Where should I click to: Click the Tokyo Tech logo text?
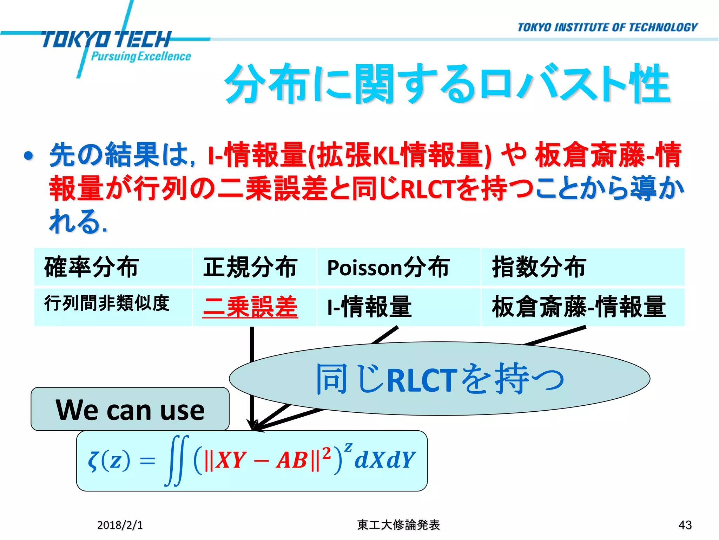click(105, 39)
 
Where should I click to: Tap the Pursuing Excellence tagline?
click(140, 57)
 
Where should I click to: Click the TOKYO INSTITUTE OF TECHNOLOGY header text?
click(607, 27)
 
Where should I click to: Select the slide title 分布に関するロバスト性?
click(448, 84)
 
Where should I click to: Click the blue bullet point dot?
click(29, 156)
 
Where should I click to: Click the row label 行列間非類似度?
click(107, 303)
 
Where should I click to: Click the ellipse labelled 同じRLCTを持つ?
click(440, 379)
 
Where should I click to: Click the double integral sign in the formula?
click(177, 461)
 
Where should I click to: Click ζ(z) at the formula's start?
click(109, 461)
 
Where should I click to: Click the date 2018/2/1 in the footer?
click(120, 525)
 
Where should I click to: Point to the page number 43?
click(685, 525)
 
